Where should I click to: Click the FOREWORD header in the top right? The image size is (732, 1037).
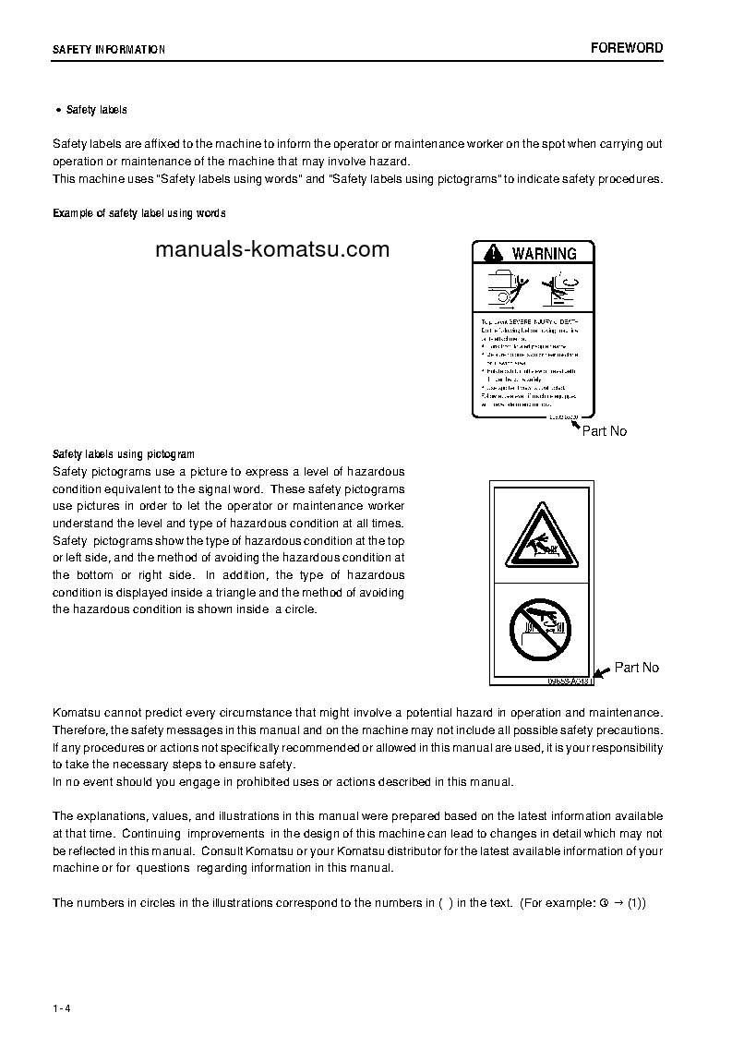(x=627, y=48)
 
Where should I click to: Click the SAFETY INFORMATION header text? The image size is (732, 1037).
(x=109, y=50)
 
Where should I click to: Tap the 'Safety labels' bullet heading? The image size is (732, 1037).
(x=96, y=110)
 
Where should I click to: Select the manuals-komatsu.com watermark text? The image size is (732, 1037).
(x=272, y=249)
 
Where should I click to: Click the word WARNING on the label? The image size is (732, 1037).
(x=544, y=253)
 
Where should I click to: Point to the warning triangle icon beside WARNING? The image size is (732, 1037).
(x=494, y=253)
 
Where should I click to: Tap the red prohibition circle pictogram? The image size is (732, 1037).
(x=540, y=630)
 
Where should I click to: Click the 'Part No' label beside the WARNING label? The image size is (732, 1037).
(x=605, y=431)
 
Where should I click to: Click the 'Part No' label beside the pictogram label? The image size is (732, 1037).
(x=637, y=668)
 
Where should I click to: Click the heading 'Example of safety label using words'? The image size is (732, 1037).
(x=139, y=213)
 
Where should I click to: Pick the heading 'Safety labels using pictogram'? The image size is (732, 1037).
(x=124, y=454)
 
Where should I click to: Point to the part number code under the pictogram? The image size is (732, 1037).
(x=569, y=681)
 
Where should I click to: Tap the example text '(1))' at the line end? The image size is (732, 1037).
(x=637, y=902)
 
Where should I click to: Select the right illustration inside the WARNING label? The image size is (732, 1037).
(x=558, y=288)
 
